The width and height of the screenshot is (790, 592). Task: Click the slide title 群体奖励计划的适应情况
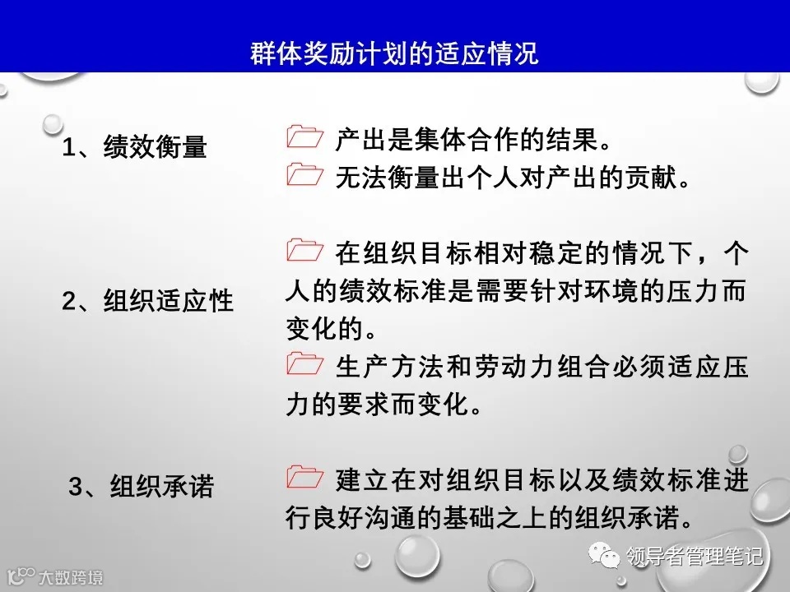tap(394, 53)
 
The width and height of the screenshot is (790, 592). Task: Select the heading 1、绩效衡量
tap(135, 148)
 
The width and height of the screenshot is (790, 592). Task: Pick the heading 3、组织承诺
tap(141, 487)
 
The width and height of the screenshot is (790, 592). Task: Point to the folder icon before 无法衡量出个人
tap(305, 175)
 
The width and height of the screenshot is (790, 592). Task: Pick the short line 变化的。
tap(329, 329)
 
